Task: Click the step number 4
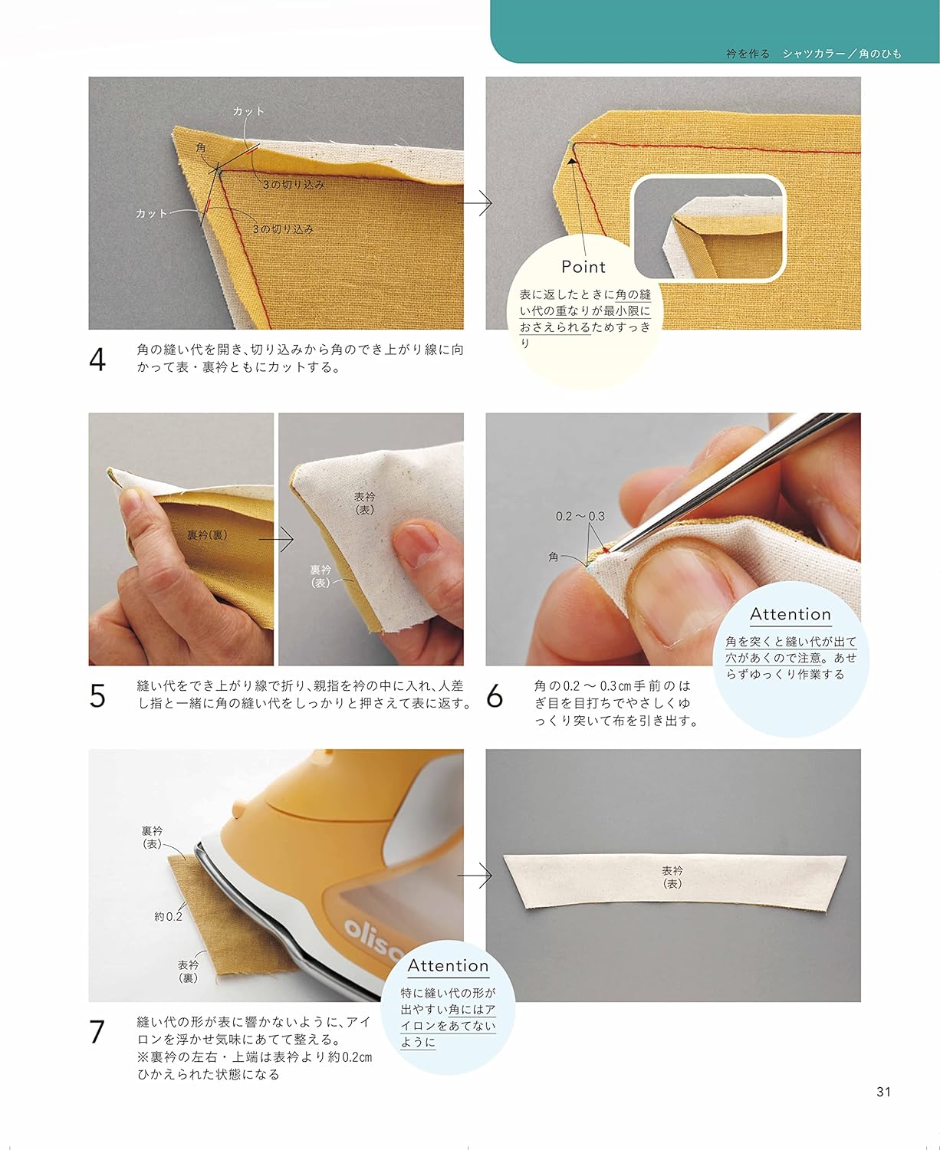tap(97, 360)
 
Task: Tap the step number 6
tap(495, 696)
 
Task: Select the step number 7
tap(97, 1032)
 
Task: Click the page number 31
tap(883, 1092)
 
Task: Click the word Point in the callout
tap(583, 267)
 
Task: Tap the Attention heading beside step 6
tap(790, 614)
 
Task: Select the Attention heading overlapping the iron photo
tap(448, 966)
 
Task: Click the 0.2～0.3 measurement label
tap(580, 516)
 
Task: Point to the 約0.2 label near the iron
tap(168, 916)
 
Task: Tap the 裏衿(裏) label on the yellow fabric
tap(206, 534)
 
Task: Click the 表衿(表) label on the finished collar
tap(672, 877)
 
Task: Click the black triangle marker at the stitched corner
tap(571, 161)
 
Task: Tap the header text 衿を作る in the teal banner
tap(748, 54)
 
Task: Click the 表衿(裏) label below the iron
tap(188, 971)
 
